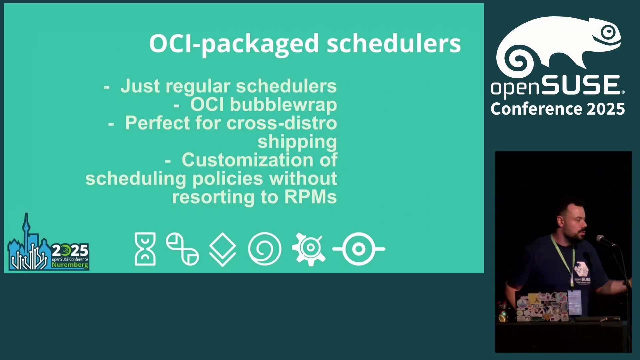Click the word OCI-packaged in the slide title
click(234, 44)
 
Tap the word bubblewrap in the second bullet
click(283, 105)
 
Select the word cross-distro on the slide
click(282, 123)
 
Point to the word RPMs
click(310, 197)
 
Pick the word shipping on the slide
click(297, 142)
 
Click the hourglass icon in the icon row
click(145, 249)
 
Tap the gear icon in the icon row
click(309, 249)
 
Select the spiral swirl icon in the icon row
click(265, 249)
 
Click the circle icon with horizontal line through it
click(359, 249)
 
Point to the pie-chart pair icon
click(182, 249)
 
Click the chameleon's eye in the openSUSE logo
click(609, 32)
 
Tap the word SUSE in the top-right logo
click(581, 85)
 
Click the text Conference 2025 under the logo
click(558, 109)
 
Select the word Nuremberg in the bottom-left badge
click(70, 265)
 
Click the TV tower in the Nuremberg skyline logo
click(26, 230)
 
